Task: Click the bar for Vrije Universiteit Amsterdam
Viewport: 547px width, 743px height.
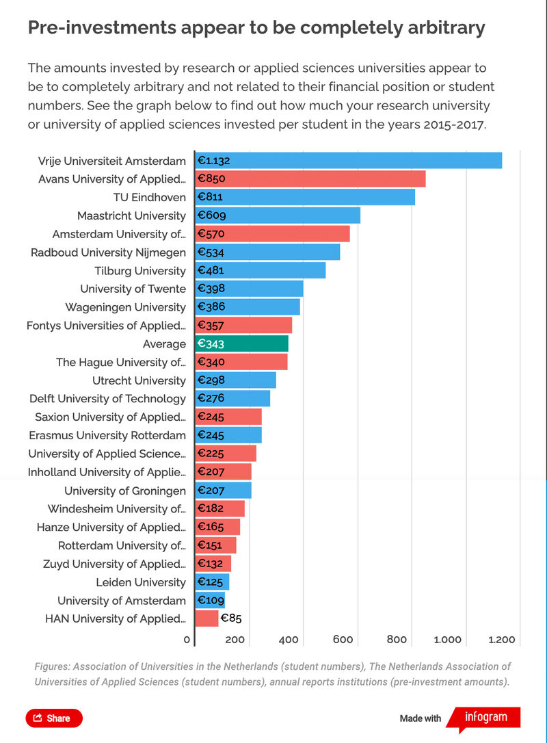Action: pos(349,161)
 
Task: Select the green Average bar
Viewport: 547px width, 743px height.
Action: pos(242,344)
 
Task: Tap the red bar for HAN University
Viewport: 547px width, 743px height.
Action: pos(206,619)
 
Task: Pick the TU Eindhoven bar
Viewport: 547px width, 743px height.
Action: pos(305,197)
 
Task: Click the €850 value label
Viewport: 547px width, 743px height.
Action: pos(211,179)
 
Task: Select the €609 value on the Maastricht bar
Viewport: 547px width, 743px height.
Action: pos(211,216)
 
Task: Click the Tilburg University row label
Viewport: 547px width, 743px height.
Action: pos(140,271)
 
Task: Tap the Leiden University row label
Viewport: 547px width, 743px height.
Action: pos(141,582)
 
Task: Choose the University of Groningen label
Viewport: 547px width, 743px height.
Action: pos(125,491)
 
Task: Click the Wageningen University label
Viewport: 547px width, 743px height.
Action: pos(125,307)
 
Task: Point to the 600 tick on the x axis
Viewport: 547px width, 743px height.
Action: pos(343,640)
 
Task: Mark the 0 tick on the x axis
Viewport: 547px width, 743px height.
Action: pos(187,640)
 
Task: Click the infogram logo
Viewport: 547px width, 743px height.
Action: pos(485,718)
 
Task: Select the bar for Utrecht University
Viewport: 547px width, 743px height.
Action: pos(235,380)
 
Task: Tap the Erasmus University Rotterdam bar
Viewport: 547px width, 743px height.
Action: pos(228,435)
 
